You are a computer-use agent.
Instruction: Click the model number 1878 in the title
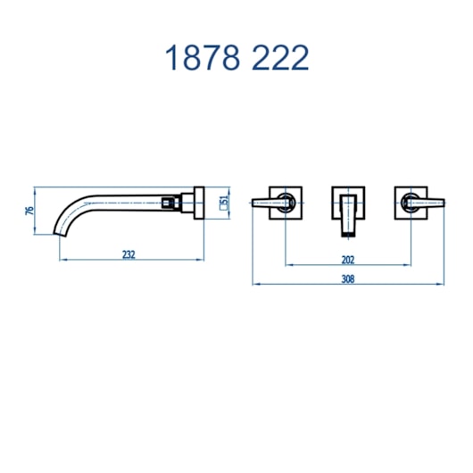[203, 58]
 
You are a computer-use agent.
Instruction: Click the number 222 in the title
[280, 58]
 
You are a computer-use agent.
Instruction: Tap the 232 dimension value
[129, 254]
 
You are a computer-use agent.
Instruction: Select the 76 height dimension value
[29, 211]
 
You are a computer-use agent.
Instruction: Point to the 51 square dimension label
[224, 203]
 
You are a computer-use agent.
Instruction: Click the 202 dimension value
[348, 260]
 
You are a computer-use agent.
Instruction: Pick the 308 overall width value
[348, 279]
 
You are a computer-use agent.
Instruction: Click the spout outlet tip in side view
[60, 235]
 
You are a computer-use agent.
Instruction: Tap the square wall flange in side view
[199, 203]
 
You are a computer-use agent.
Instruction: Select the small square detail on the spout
[166, 203]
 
